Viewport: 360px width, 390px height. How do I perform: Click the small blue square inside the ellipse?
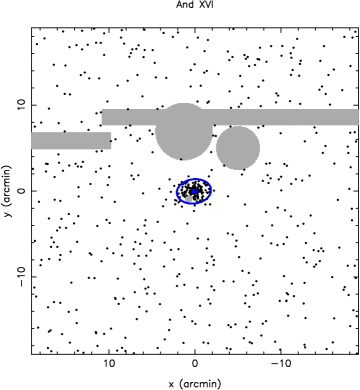point(194,191)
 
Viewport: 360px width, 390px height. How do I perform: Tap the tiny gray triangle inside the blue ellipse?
point(188,199)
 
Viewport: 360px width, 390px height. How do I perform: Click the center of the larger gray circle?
point(183,131)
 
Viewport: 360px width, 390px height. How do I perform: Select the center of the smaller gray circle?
point(238,148)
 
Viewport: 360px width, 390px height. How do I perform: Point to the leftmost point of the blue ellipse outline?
point(176,192)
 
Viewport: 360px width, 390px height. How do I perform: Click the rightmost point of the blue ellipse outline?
point(212,190)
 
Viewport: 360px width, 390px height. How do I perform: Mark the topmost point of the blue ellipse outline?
point(195,178)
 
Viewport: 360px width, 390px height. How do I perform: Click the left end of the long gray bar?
point(102,117)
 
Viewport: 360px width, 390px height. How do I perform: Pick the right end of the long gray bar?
point(358,117)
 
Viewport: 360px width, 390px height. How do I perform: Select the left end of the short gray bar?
point(32,141)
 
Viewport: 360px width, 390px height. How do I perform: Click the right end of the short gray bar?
point(111,141)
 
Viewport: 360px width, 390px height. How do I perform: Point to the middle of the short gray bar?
point(71,141)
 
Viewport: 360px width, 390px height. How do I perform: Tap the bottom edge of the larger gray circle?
point(183,160)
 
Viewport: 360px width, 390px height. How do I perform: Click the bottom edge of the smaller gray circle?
point(238,170)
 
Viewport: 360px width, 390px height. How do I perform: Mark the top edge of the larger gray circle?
point(183,102)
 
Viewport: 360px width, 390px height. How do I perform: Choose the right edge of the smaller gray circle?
point(261,148)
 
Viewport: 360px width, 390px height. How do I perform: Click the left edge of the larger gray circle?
point(154,131)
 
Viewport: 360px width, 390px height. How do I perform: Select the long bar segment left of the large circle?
point(129,117)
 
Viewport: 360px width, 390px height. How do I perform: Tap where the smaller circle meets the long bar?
point(238,126)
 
